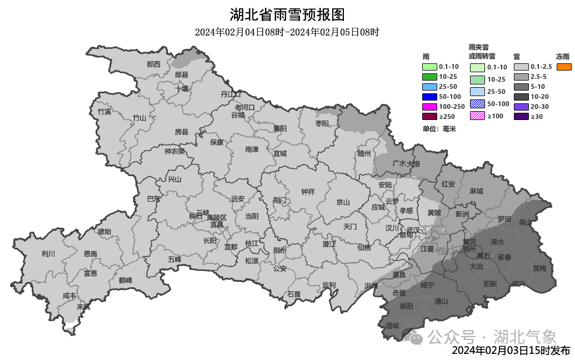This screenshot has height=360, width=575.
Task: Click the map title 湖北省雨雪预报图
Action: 287,14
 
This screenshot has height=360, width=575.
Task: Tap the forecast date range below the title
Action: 287,32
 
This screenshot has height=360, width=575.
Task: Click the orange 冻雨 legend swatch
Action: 563,67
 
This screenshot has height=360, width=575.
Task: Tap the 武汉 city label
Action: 413,230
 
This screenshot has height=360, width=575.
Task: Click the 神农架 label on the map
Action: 174,151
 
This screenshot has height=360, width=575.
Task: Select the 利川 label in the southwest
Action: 48,254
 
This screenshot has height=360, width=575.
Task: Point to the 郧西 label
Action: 153,64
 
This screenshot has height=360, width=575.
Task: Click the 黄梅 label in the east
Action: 539,268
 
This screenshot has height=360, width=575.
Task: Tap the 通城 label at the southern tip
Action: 392,326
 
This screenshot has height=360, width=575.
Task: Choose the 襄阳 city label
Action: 280,128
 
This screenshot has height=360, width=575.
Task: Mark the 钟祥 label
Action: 308,192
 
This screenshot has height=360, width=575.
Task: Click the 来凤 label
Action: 83,306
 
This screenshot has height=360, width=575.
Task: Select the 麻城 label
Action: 476,191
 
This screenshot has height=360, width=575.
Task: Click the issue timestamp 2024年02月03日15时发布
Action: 511,351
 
